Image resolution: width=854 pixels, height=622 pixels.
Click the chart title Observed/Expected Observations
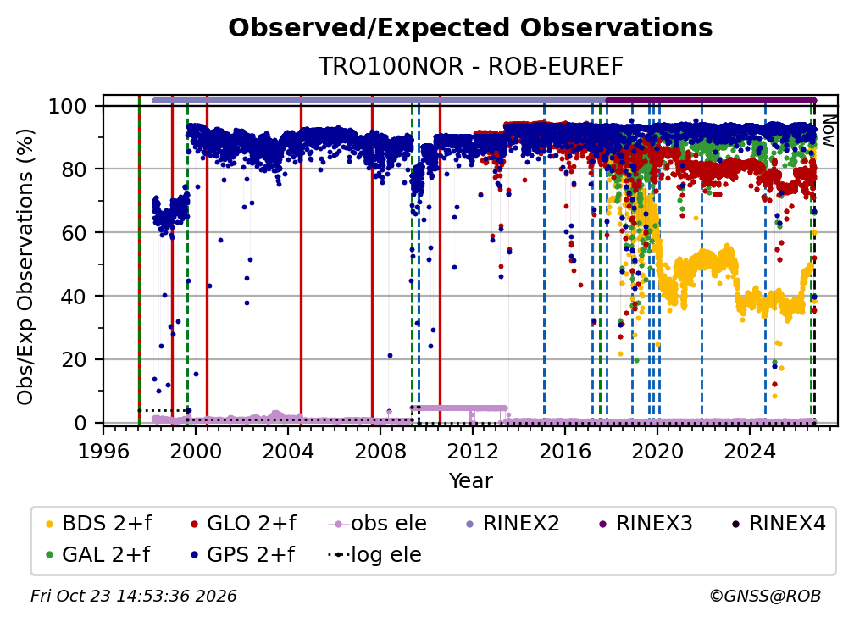coord(470,28)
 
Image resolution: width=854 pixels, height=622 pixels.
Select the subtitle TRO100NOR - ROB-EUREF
coord(470,67)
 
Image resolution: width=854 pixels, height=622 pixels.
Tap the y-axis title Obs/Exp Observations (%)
coord(25,267)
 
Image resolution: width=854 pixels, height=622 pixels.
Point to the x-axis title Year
coord(470,481)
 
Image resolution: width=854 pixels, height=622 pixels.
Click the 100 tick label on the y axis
coord(68,106)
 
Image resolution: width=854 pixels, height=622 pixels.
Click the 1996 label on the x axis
coord(103,452)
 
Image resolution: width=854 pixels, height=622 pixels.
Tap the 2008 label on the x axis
coord(380,452)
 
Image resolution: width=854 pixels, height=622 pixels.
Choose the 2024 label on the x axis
coord(750,452)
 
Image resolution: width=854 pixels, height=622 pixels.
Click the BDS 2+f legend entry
coord(98,524)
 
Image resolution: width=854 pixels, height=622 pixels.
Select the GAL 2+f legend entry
coord(97,555)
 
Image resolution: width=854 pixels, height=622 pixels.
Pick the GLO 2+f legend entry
coord(243,524)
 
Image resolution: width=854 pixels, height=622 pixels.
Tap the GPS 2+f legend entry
coord(242,555)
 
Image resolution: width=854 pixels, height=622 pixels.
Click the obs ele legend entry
coord(378,524)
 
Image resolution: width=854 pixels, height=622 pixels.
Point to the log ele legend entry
coord(374,555)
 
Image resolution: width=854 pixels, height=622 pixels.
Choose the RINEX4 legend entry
coord(779,524)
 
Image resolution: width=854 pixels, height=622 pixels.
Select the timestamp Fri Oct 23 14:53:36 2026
coord(134,596)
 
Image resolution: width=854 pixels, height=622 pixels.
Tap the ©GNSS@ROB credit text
coord(765,596)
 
